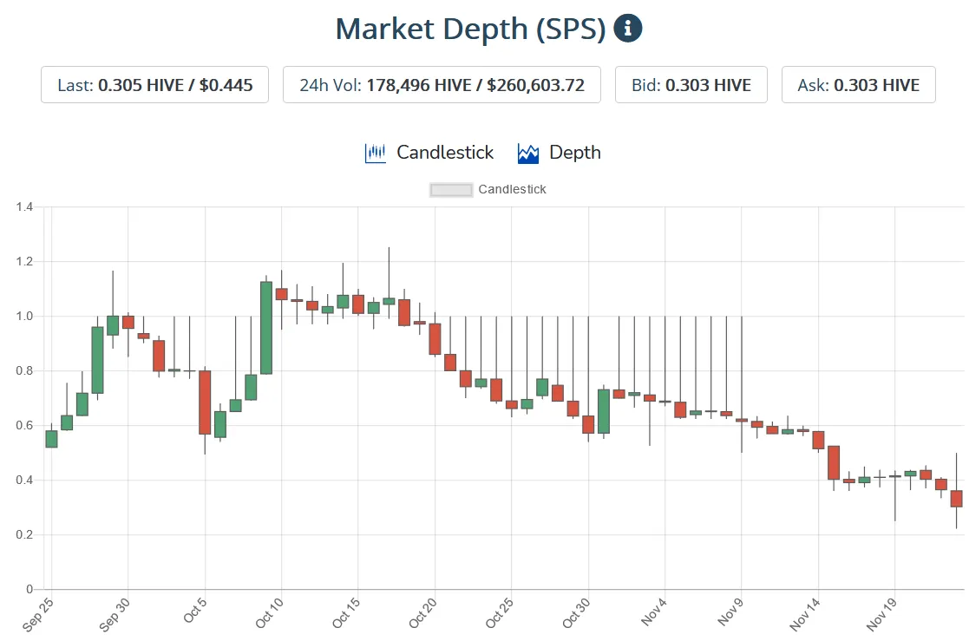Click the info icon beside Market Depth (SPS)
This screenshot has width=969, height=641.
point(628,29)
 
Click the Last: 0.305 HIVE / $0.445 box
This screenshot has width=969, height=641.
point(154,85)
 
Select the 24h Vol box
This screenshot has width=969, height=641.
point(442,85)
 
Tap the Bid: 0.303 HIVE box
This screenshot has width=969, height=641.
point(691,85)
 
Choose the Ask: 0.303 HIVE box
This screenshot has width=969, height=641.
point(858,85)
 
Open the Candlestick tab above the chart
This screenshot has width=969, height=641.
point(429,153)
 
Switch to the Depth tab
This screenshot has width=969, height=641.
point(560,153)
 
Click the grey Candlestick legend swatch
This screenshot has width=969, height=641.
point(451,189)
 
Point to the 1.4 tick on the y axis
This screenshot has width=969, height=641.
point(24,206)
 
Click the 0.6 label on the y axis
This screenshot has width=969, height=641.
point(24,425)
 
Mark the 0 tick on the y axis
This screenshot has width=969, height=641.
point(29,590)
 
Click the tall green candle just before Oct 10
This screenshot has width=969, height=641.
point(266,328)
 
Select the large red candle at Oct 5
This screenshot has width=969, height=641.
point(205,402)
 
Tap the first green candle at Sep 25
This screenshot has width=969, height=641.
point(51,438)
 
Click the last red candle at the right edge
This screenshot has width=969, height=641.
point(956,498)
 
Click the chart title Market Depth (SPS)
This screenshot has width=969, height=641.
point(470,29)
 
